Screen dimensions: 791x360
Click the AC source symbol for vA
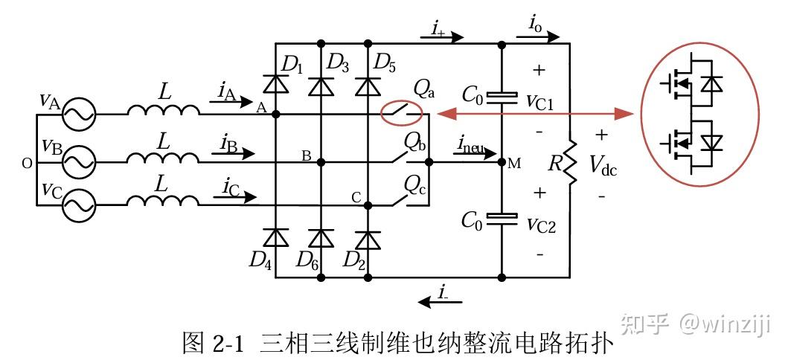(x=79, y=115)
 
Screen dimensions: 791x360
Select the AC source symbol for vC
(x=79, y=205)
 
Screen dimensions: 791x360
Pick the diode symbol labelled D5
(x=368, y=86)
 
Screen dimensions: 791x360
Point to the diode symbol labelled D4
(x=276, y=237)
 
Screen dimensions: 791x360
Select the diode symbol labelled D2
(x=368, y=240)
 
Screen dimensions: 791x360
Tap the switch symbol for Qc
(x=401, y=201)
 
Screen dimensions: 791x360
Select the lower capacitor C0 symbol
(x=502, y=219)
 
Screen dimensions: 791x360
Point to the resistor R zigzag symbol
(x=570, y=161)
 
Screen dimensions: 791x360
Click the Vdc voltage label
(x=603, y=165)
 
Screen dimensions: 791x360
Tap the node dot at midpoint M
(x=502, y=162)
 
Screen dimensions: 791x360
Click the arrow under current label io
(x=538, y=36)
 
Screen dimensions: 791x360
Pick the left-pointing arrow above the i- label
(x=440, y=302)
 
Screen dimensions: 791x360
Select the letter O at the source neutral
(x=27, y=163)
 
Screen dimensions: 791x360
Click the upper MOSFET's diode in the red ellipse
(x=712, y=83)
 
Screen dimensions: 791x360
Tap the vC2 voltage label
(x=541, y=225)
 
